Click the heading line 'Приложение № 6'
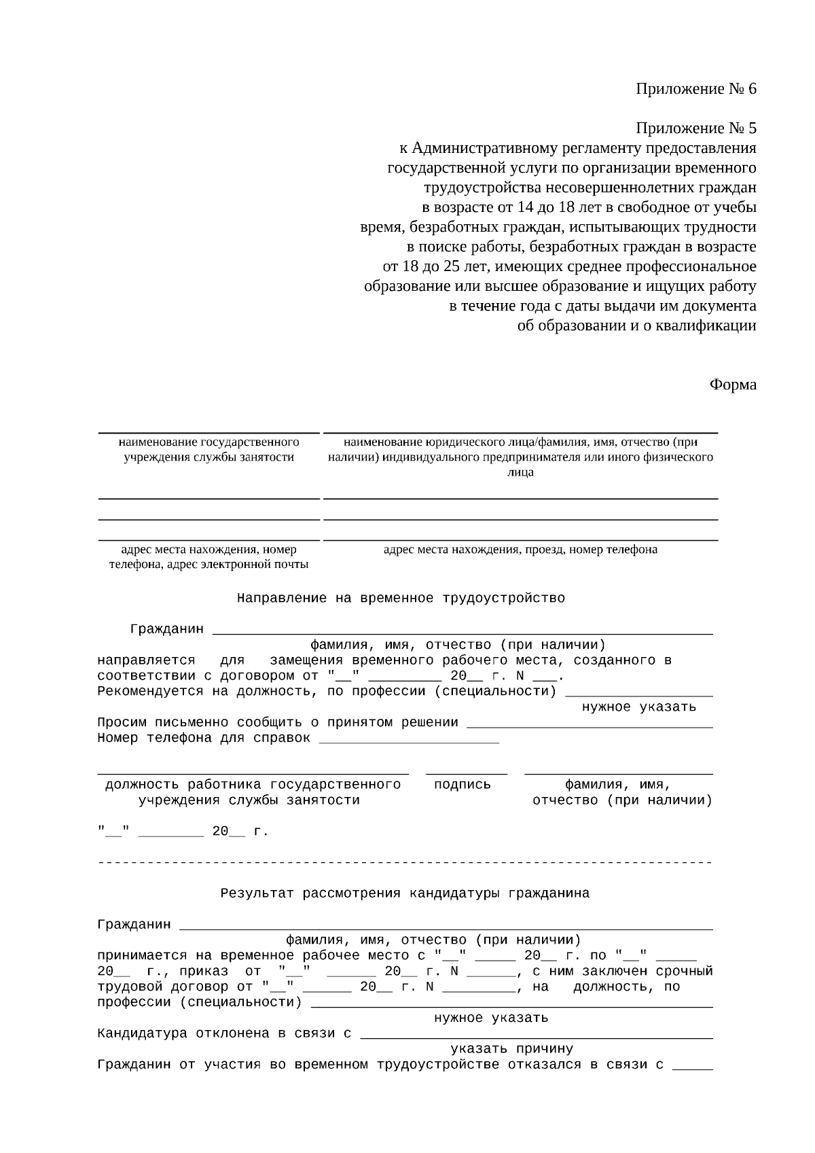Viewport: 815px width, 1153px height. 695,89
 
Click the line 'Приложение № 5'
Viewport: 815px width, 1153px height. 695,128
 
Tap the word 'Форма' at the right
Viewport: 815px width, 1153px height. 733,385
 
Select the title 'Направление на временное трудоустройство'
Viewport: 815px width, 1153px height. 401,599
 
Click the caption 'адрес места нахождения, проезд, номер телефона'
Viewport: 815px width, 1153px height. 520,550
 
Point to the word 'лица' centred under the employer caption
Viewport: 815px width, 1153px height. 520,472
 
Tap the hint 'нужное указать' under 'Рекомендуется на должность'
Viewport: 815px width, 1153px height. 638,707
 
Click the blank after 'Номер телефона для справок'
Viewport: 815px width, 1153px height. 409,739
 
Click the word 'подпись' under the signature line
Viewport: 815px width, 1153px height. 462,785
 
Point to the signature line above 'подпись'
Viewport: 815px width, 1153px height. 467,773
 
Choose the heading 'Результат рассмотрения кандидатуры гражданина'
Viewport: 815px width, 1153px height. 405,893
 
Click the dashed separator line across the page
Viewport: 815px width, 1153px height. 405,863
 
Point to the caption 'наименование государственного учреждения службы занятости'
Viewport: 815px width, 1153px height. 209,449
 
